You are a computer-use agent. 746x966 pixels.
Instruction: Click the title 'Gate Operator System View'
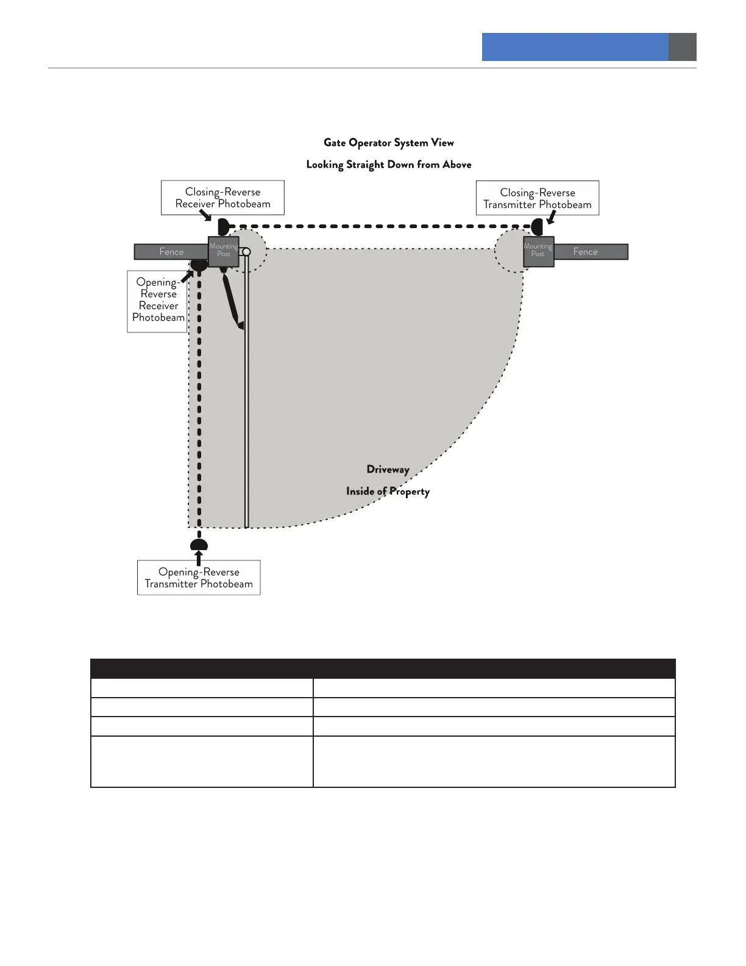tap(388, 143)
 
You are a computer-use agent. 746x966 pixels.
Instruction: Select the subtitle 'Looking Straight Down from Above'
tap(388, 165)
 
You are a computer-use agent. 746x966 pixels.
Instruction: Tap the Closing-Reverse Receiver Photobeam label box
tap(222, 198)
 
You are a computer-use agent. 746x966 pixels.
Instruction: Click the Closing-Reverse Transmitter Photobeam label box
tap(537, 198)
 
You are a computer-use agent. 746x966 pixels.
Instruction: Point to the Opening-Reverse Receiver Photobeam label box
tap(157, 301)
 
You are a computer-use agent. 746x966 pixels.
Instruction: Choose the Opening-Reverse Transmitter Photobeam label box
tap(199, 578)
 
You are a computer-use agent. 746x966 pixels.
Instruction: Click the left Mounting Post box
tap(223, 251)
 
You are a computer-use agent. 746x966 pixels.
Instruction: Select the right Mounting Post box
tap(538, 251)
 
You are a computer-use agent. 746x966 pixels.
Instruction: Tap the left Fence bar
tap(171, 252)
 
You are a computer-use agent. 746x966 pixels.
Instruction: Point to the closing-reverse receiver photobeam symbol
tap(223, 227)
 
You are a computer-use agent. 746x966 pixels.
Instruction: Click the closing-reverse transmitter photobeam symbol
tap(537, 227)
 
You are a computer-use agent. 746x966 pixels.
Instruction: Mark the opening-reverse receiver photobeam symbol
tap(199, 265)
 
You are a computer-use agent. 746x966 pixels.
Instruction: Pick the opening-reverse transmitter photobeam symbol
tap(199, 545)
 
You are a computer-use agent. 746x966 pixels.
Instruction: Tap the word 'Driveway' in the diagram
tap(388, 470)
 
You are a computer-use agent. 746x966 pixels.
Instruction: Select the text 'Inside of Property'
tap(388, 492)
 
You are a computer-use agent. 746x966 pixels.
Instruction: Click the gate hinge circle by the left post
tap(246, 252)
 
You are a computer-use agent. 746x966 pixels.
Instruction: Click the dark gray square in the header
tap(682, 47)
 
